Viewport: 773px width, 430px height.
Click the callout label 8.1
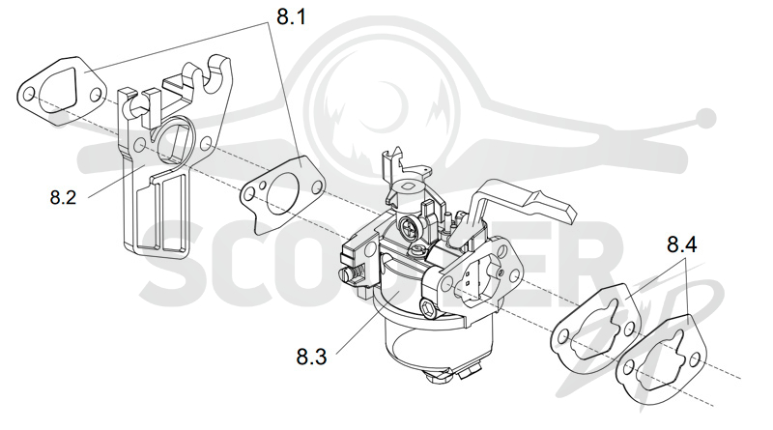coord(291,16)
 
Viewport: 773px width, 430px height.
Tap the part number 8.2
coord(63,197)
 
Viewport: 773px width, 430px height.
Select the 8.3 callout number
coord(311,357)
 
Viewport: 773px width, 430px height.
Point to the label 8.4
coord(682,244)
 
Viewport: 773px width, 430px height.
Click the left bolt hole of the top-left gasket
coord(29,94)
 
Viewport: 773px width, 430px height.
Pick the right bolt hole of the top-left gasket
coord(96,94)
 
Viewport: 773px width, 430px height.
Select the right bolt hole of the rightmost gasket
coord(695,359)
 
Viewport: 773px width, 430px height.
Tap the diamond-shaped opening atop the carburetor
coord(409,187)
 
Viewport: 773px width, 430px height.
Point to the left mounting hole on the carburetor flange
coord(447,283)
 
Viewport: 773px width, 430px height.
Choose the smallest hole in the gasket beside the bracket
coord(264,186)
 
